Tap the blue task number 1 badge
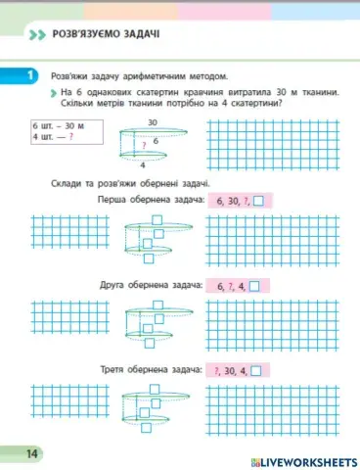click(31, 75)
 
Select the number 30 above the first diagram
click(153, 122)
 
